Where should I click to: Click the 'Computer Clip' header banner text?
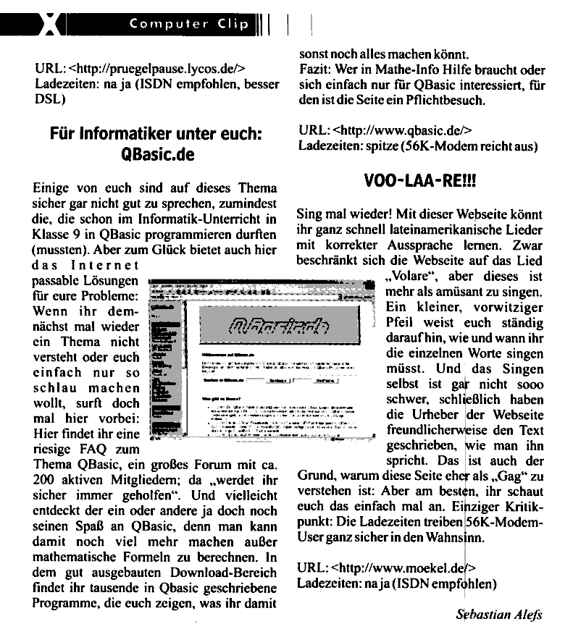189,24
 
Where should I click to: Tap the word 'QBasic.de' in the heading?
156,155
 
